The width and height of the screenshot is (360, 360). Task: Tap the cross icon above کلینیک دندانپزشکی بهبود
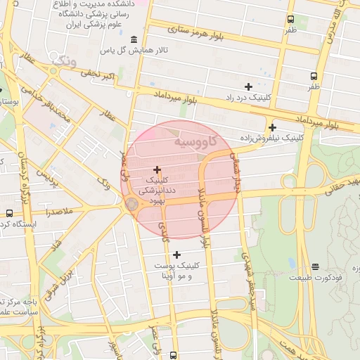(x=156, y=169)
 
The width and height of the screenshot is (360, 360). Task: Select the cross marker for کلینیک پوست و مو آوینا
(x=176, y=255)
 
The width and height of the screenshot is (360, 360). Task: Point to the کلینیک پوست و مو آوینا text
(x=176, y=271)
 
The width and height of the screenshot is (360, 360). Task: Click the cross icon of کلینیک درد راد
(x=248, y=86)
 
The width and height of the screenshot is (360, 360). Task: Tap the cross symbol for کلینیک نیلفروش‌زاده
(x=271, y=127)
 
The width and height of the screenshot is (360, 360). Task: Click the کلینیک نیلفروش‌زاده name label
(x=271, y=139)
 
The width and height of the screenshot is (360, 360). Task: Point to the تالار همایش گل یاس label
(x=134, y=51)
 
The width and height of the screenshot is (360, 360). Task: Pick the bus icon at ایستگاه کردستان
(x=9, y=213)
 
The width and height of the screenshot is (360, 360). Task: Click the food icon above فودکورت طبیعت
(x=315, y=266)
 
